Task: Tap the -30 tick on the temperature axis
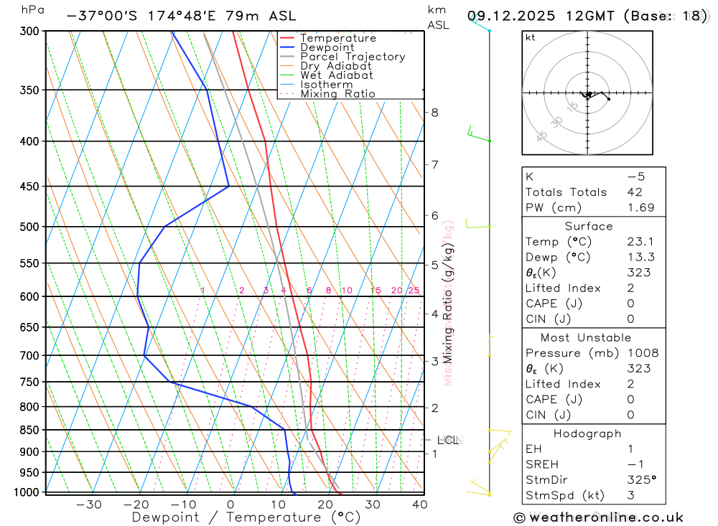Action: (x=88, y=504)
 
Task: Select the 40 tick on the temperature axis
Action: (x=420, y=504)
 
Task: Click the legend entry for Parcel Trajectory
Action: (x=353, y=57)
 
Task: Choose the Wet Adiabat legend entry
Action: (x=337, y=75)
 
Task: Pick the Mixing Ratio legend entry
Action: (x=337, y=94)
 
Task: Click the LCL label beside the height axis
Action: (x=447, y=440)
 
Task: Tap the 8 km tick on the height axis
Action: (x=434, y=113)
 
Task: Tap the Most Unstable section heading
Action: (x=586, y=337)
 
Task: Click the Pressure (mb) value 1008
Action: (x=642, y=353)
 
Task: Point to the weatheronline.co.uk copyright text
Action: (x=598, y=517)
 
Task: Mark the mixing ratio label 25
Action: (x=414, y=291)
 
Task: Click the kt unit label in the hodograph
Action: (x=530, y=38)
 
